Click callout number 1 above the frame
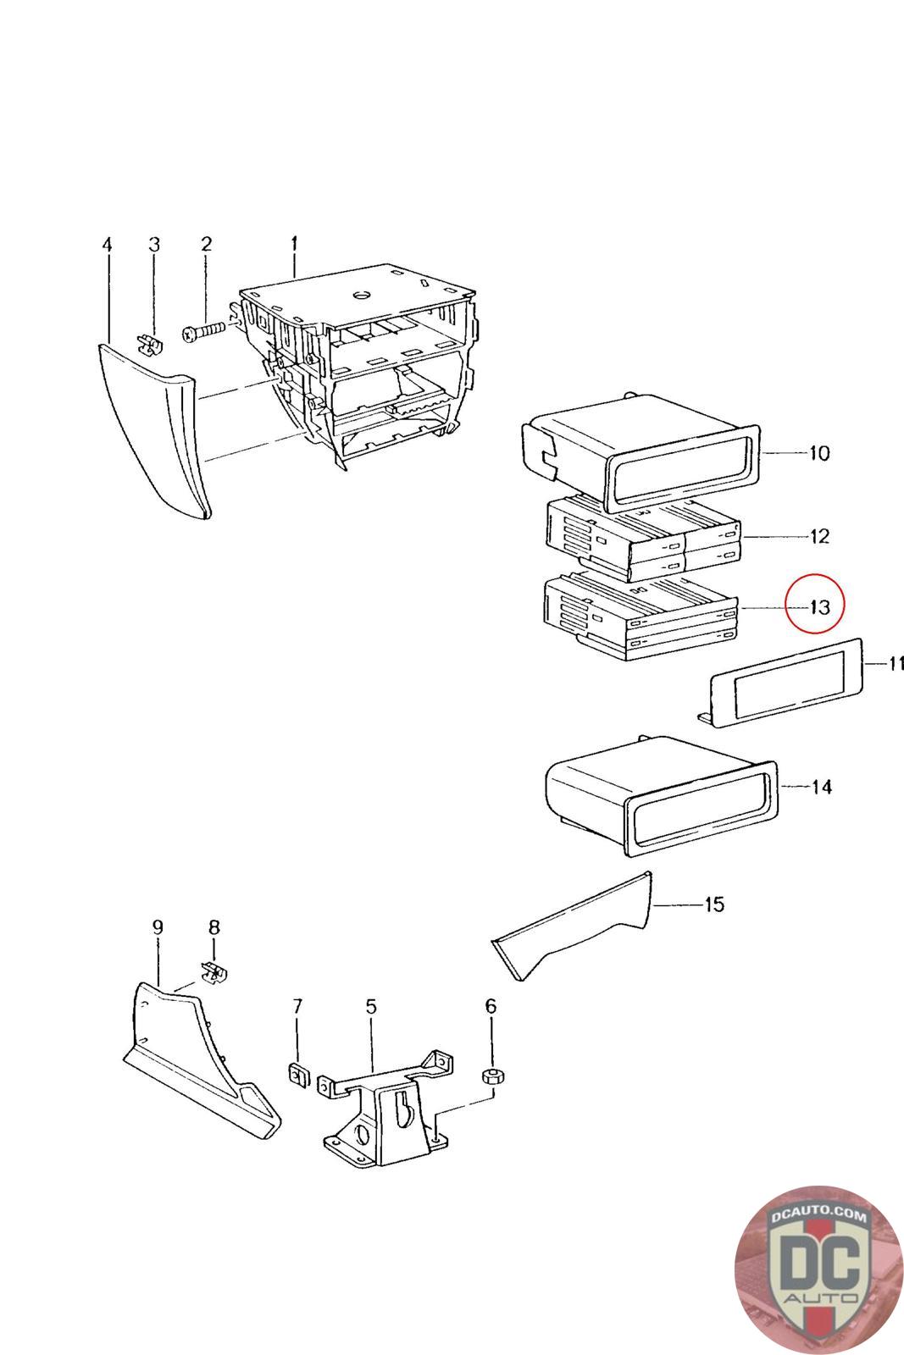[x=294, y=245]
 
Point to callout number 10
[x=819, y=453]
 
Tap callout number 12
[x=819, y=536]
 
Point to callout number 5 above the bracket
[x=370, y=1007]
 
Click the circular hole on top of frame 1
[x=360, y=294]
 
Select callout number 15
[x=714, y=904]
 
